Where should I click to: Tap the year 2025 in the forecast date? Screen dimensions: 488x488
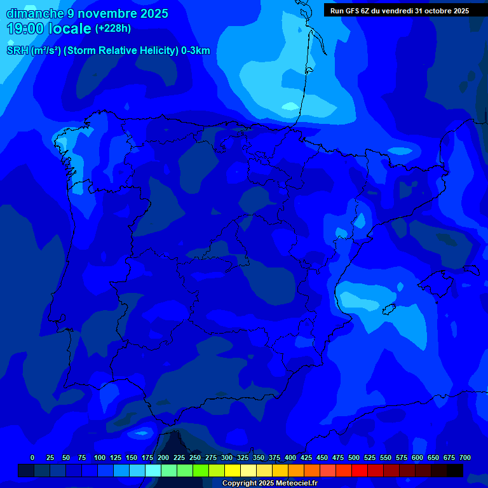[154, 13]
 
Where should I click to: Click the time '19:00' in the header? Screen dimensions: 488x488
[25, 29]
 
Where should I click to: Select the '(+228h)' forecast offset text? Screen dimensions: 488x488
[113, 29]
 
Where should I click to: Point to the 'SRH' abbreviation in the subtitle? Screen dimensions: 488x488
[17, 51]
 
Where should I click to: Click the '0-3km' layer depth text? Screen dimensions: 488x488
[196, 51]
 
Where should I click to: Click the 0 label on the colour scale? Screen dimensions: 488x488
[32, 457]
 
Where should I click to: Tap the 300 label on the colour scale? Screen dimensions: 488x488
[227, 457]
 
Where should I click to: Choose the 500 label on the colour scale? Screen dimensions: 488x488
[354, 457]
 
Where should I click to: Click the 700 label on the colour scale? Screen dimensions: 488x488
[465, 457]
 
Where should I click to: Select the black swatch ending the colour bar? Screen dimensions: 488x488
[455, 470]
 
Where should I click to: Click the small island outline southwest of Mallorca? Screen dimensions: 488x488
[390, 309]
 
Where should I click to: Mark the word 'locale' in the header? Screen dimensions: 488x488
[70, 29]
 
